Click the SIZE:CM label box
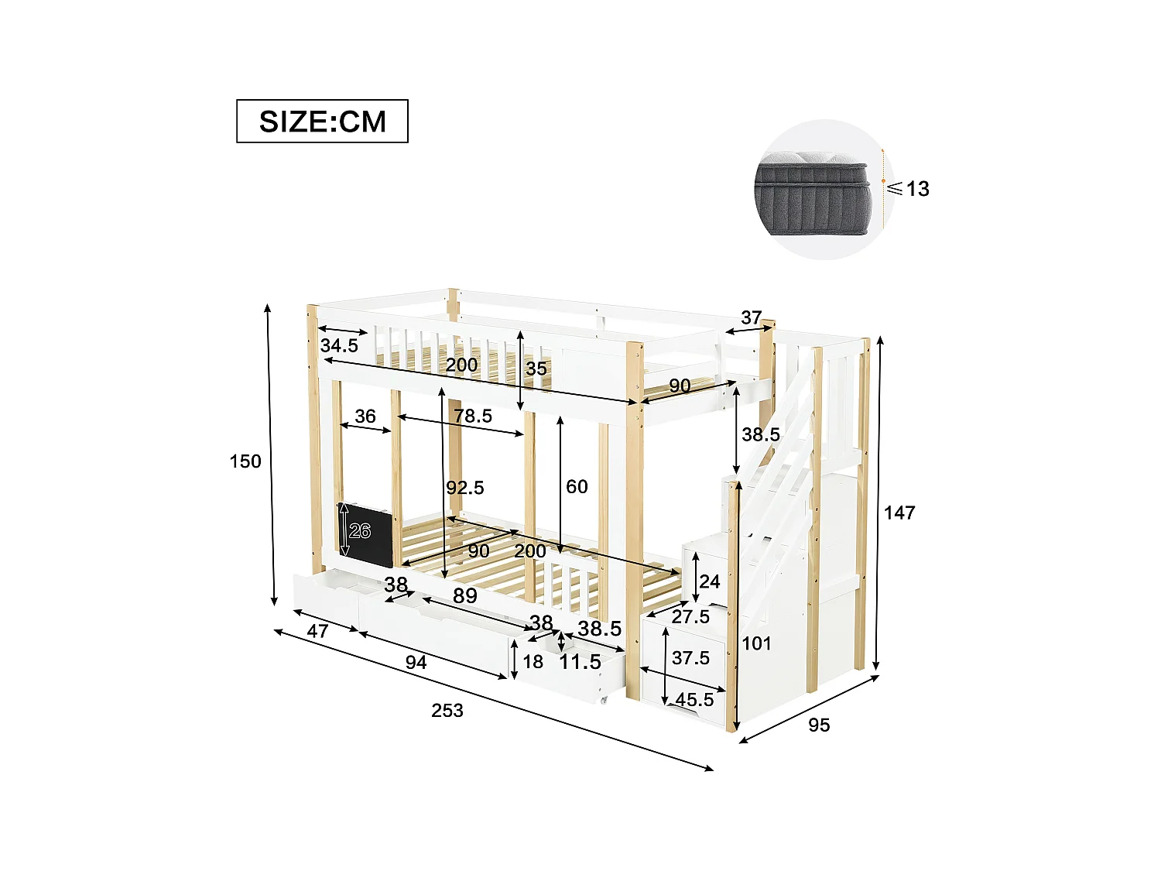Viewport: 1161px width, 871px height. [322, 122]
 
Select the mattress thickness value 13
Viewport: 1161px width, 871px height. [917, 189]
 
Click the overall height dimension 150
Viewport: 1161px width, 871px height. [245, 461]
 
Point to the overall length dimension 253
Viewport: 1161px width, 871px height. [447, 711]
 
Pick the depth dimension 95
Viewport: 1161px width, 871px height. [819, 725]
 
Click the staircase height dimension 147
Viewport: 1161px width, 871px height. [899, 513]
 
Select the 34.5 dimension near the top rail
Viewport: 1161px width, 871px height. [339, 346]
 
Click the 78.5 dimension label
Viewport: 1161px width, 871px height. [473, 417]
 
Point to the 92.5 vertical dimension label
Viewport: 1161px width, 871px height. [465, 488]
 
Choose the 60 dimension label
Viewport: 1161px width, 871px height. [577, 487]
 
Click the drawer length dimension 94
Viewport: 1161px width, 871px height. [416, 663]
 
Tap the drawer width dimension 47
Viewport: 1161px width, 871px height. [317, 631]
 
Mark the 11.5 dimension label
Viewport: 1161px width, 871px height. [580, 662]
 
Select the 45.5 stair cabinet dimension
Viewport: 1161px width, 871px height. [694, 700]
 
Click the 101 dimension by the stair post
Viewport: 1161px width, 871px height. [756, 643]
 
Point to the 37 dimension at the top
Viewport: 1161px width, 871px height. [751, 317]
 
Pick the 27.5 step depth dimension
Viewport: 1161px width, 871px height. [690, 617]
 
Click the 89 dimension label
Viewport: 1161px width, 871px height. [465, 596]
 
